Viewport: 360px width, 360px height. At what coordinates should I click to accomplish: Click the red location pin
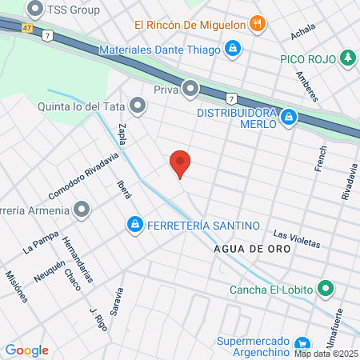(180, 163)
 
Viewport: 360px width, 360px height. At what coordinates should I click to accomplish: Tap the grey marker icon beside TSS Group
(35, 10)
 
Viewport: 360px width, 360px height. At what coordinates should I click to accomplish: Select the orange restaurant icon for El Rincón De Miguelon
(257, 24)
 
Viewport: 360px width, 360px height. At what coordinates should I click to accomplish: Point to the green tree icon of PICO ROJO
(346, 58)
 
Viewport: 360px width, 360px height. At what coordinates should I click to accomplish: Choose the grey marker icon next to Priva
(190, 87)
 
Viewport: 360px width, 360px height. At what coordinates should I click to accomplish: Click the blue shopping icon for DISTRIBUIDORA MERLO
(289, 120)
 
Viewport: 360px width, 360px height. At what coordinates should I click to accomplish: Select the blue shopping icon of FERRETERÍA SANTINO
(134, 224)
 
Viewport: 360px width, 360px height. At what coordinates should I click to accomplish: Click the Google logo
(26, 350)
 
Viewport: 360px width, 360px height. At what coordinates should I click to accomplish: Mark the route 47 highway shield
(28, 28)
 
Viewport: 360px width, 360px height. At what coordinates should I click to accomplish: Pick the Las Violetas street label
(296, 238)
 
